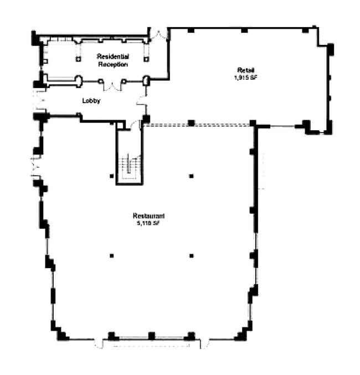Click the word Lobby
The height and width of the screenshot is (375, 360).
point(91,101)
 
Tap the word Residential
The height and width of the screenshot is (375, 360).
point(113,56)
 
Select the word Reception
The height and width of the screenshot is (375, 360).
point(113,64)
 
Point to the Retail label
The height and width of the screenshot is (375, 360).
point(245,70)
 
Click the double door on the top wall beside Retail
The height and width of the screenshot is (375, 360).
point(158,34)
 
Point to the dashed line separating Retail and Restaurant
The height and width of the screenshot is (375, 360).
point(222,124)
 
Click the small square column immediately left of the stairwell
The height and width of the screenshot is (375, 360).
point(111,176)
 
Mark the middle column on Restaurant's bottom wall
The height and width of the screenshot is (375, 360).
point(151,335)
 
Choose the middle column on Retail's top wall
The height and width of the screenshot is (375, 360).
point(244,30)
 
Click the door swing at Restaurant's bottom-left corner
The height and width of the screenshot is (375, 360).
point(99,344)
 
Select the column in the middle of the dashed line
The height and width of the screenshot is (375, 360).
point(191,122)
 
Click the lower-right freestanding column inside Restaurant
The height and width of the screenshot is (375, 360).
point(191,255)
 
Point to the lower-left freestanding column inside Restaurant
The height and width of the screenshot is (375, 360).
point(111,255)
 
